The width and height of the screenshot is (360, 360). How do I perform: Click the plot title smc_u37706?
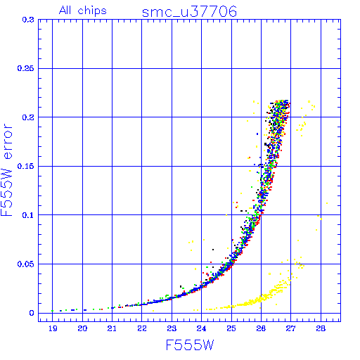(189, 12)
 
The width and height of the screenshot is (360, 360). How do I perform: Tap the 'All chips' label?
(83, 11)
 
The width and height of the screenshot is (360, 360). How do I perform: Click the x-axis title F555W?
(190, 345)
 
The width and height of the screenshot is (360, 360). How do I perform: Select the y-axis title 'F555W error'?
(6, 170)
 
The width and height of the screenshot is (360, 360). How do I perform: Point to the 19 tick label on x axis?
(53, 328)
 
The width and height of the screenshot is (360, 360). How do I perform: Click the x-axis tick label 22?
(142, 328)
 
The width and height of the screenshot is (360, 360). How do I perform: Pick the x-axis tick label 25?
(231, 328)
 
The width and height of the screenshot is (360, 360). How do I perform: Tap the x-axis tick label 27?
(290, 328)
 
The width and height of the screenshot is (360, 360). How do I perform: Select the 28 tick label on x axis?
(321, 328)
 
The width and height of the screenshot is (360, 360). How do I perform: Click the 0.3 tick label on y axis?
(28, 20)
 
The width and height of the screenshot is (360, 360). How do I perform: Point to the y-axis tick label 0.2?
(28, 117)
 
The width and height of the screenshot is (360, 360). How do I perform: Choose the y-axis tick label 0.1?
(28, 215)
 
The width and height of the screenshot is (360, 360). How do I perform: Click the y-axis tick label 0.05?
(25, 264)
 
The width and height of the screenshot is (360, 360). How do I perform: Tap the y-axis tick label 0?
(32, 313)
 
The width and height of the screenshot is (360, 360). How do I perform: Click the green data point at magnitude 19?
(52, 311)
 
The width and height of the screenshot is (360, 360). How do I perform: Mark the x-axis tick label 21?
(112, 328)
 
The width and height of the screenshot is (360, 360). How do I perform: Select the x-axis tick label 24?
(201, 328)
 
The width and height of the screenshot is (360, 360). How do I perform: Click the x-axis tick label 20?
(82, 328)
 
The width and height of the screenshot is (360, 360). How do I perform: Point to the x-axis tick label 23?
(172, 328)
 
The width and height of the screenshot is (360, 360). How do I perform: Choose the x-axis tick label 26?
(261, 328)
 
